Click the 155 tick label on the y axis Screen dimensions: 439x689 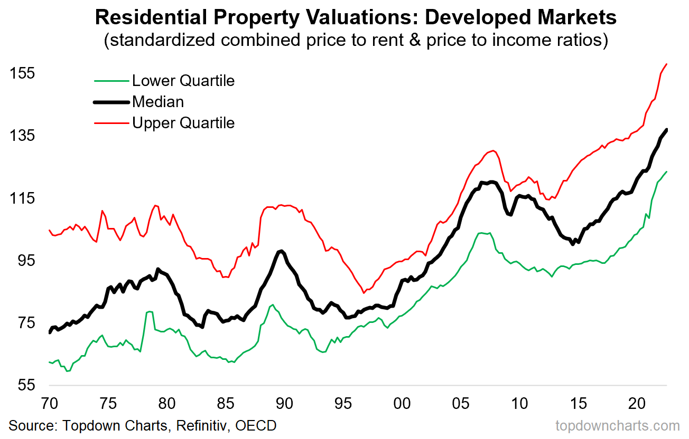tap(22, 73)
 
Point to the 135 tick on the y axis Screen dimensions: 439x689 tap(22, 136)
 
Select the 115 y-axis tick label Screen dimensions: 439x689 tap(22, 198)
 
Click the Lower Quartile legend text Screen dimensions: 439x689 tap(183, 81)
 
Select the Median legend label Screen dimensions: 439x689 tap(158, 101)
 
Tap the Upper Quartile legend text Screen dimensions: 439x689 tap(183, 123)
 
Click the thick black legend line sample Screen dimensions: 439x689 tap(111, 102)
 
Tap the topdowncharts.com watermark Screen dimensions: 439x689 tap(618, 426)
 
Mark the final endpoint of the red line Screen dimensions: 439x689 tap(667, 64)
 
